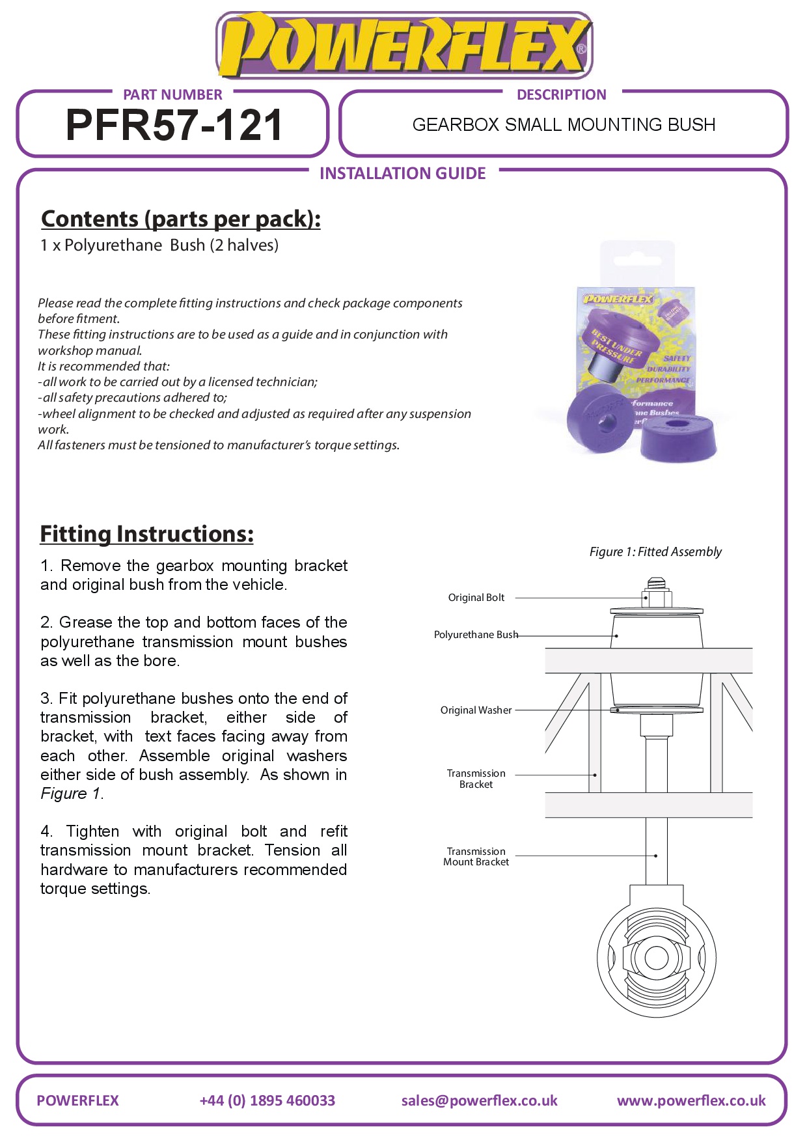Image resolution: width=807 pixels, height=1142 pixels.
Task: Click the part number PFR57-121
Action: click(174, 125)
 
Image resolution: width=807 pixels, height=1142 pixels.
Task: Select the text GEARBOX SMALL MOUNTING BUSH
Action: click(564, 124)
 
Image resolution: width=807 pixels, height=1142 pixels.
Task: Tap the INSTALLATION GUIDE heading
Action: click(403, 173)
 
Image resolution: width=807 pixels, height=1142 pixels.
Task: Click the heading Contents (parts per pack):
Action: click(180, 219)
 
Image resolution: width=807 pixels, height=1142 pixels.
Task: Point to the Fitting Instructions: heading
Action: click(146, 534)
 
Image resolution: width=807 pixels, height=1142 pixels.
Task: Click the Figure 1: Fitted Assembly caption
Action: click(655, 552)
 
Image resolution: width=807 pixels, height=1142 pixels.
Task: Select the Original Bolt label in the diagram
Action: click(476, 598)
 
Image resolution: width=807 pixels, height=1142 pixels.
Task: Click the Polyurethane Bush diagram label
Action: click(476, 635)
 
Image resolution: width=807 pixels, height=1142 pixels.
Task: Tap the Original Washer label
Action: click(476, 710)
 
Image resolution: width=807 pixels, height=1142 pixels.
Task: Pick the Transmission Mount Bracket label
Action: click(476, 857)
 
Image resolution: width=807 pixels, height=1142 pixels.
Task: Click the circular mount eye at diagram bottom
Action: click(656, 958)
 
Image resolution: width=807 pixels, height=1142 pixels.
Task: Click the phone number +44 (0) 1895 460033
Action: click(267, 1100)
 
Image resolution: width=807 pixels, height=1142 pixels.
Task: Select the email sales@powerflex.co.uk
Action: click(479, 1100)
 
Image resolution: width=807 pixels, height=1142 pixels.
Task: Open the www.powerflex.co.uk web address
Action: click(691, 1100)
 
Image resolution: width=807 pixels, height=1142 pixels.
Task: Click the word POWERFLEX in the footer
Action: click(77, 1100)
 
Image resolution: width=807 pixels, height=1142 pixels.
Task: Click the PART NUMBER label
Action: click(172, 94)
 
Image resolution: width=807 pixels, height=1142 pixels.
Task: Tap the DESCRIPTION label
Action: click(561, 94)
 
